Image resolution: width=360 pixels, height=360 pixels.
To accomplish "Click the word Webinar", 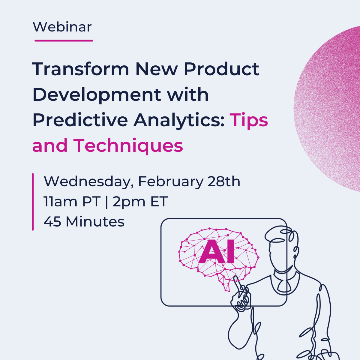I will point(62,27).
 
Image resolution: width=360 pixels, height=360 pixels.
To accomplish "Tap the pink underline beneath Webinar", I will point(64,40).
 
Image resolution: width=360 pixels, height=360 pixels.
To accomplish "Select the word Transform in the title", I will point(80,69).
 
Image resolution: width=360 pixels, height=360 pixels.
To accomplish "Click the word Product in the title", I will point(221,69).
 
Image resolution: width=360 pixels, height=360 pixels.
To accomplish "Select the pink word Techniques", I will point(128,146).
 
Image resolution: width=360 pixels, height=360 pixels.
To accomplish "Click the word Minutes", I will point(95,222).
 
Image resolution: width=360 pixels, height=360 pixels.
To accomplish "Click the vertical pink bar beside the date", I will point(33,202).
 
